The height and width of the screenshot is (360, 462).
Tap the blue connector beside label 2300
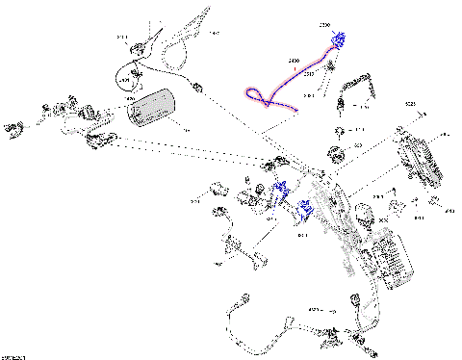point(338,39)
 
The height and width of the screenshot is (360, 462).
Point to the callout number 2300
point(323,24)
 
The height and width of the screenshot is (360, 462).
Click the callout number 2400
point(294,61)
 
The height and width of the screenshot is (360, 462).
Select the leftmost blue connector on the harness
point(281,190)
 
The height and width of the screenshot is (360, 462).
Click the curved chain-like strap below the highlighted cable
point(358,85)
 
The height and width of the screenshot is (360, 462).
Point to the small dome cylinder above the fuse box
point(365,212)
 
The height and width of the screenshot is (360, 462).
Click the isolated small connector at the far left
point(14,124)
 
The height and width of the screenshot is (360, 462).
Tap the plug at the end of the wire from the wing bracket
point(196,88)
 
